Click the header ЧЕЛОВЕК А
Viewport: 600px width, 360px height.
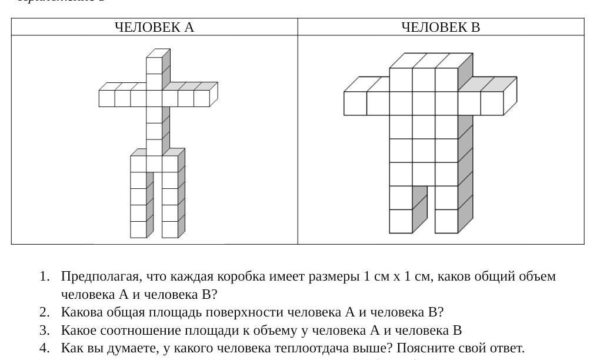pyautogui.click(x=154, y=27)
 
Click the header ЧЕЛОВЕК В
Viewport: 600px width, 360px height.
pyautogui.click(x=441, y=27)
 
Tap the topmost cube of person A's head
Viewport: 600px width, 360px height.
pyautogui.click(x=154, y=65)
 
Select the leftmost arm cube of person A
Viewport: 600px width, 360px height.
pyautogui.click(x=106, y=98)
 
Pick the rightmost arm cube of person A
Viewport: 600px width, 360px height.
pyautogui.click(x=202, y=98)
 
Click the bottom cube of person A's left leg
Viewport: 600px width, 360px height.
pyautogui.click(x=138, y=229)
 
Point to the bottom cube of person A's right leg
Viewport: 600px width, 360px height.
pyautogui.click(x=170, y=229)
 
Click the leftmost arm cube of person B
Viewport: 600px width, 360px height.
pyautogui.click(x=355, y=103)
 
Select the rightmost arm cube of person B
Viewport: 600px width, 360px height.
pyautogui.click(x=492, y=103)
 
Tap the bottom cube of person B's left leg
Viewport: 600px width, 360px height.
pyautogui.click(x=401, y=221)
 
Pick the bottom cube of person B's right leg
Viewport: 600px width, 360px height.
pyautogui.click(x=446, y=221)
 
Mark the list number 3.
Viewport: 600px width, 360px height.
pyautogui.click(x=44, y=330)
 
